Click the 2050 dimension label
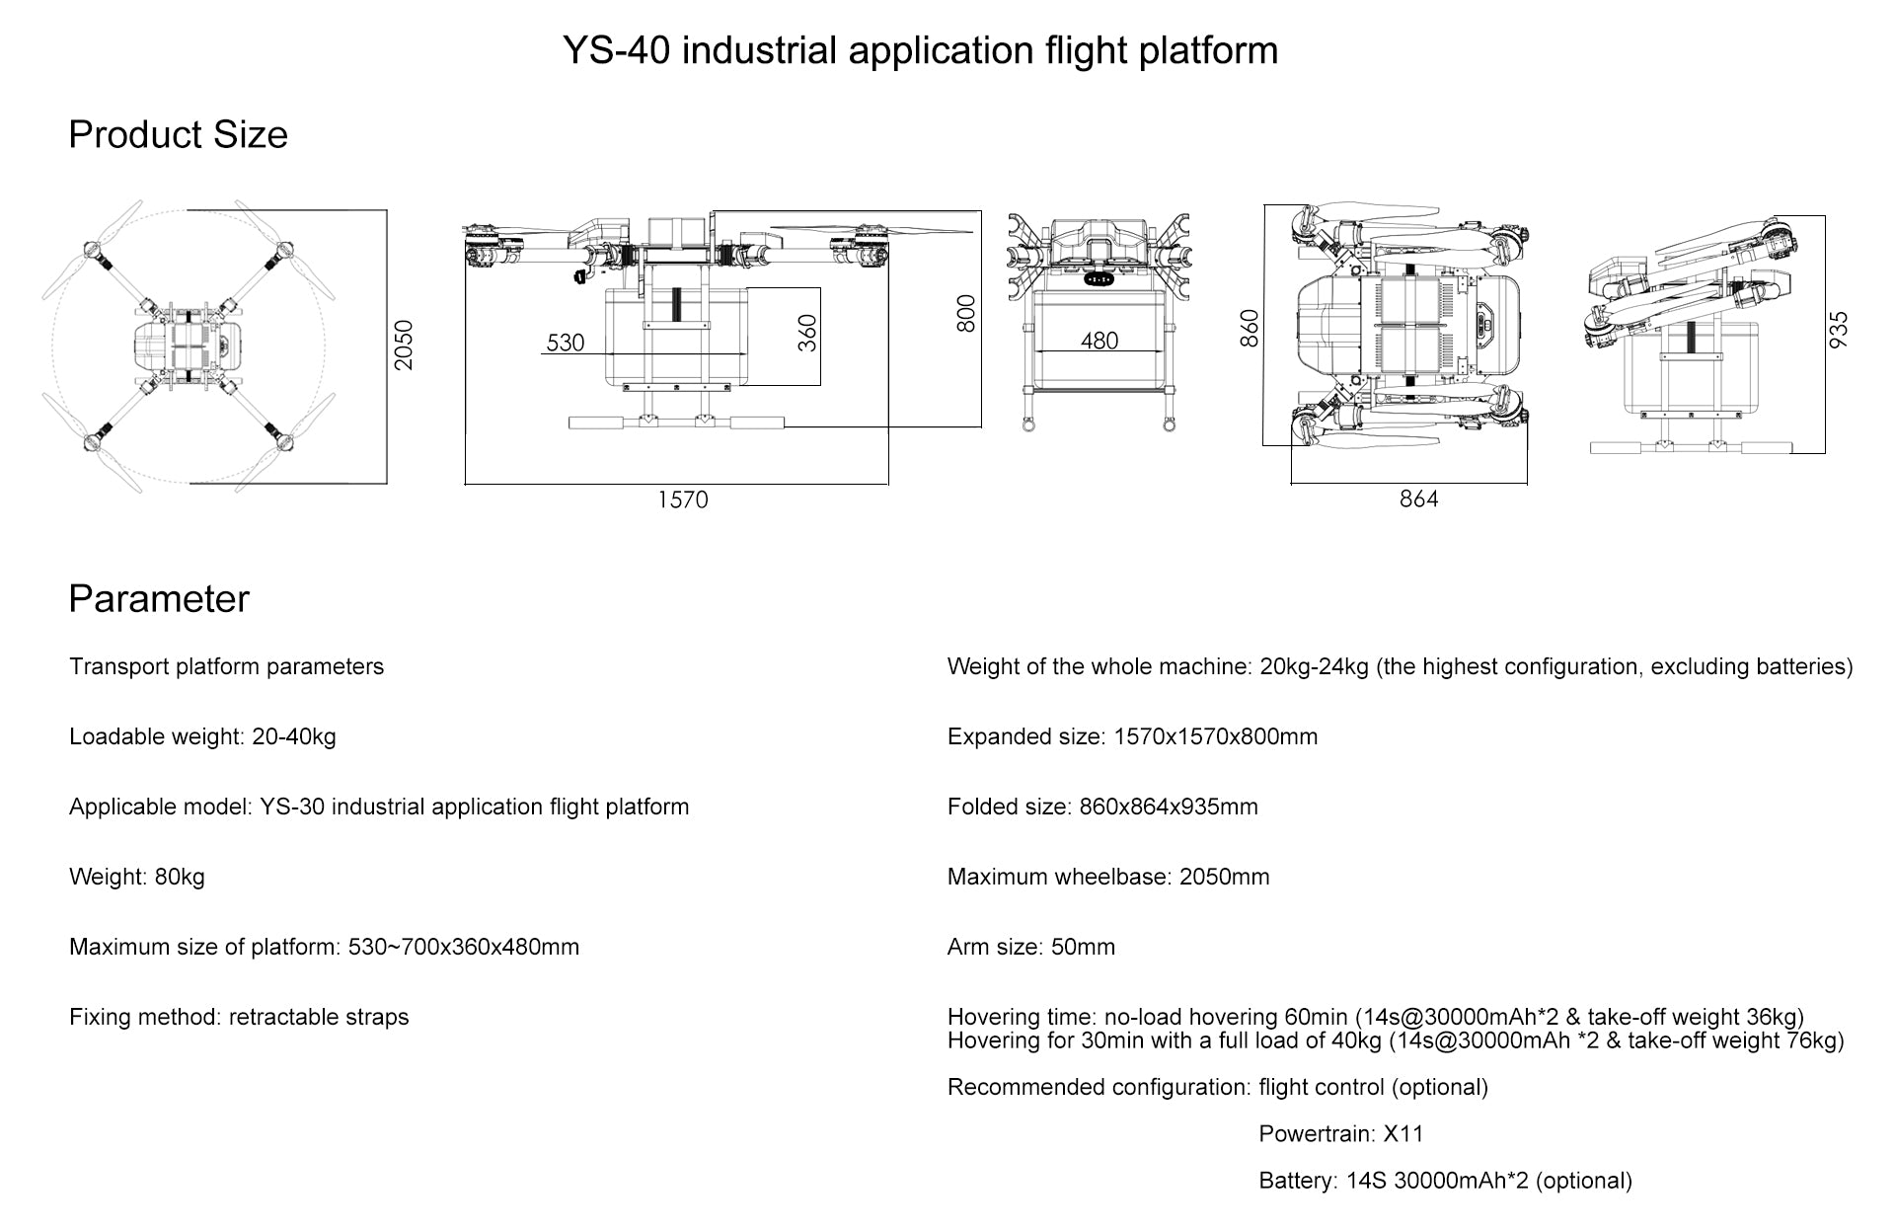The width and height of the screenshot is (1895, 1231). [404, 346]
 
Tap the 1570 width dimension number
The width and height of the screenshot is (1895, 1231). [683, 500]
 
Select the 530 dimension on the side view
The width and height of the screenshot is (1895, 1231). [566, 343]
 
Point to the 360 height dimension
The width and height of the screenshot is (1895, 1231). [808, 333]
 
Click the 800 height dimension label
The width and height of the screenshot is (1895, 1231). [967, 314]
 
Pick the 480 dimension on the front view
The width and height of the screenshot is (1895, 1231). [1099, 341]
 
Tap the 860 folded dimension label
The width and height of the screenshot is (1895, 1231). [1250, 329]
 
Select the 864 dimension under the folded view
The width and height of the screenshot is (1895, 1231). [1418, 500]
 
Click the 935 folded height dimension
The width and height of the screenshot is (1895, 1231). [1839, 329]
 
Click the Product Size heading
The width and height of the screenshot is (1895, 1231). [178, 135]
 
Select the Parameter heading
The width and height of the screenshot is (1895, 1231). [159, 599]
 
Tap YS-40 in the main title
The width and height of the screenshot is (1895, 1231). [617, 50]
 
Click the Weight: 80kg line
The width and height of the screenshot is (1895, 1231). [137, 877]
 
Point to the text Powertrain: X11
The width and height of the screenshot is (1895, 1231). [1341, 1133]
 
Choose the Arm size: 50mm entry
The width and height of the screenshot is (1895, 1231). [1030, 947]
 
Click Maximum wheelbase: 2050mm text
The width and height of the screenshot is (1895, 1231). [1107, 877]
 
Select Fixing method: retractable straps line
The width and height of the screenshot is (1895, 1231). [239, 1017]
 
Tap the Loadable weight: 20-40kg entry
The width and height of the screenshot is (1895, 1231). [202, 736]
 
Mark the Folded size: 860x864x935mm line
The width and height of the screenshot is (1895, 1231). [1102, 807]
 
